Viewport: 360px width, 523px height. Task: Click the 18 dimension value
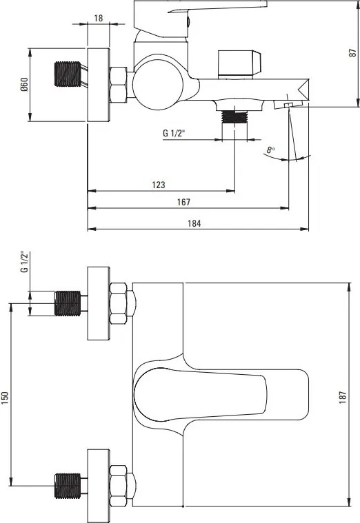[99, 18]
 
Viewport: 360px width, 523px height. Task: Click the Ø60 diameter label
[24, 84]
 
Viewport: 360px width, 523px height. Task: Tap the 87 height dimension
[352, 52]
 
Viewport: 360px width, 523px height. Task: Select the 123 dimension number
[159, 185]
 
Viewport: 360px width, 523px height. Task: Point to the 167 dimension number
[183, 202]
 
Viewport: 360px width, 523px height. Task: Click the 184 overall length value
[194, 223]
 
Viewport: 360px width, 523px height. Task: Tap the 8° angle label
[271, 150]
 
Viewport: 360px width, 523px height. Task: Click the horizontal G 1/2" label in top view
[174, 133]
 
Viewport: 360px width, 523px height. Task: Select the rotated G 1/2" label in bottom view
[25, 262]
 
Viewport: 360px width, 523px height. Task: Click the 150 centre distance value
[5, 398]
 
